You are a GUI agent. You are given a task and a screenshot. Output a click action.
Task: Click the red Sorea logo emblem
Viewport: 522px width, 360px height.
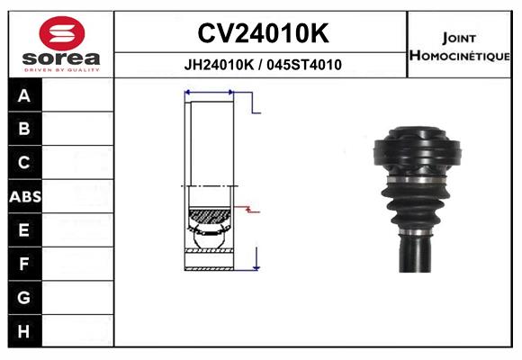(x=62, y=33)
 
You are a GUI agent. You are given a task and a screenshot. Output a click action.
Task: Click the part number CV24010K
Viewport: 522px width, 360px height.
(x=264, y=33)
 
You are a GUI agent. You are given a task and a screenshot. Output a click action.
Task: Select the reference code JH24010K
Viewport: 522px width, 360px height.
(x=219, y=65)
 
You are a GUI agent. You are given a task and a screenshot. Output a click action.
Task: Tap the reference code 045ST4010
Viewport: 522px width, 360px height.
(x=304, y=65)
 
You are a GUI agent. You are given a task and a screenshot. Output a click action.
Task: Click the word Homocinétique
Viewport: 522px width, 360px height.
(x=459, y=56)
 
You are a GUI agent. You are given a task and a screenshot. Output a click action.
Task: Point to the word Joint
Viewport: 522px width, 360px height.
(x=459, y=39)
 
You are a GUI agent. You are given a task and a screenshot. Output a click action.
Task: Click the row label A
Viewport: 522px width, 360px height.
(x=24, y=96)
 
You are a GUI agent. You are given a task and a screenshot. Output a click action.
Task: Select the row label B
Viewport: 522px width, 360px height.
(x=24, y=129)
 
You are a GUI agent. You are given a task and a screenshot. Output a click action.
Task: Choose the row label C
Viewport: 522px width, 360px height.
(x=24, y=163)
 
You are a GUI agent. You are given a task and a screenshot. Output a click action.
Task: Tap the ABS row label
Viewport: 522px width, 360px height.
(x=25, y=197)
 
